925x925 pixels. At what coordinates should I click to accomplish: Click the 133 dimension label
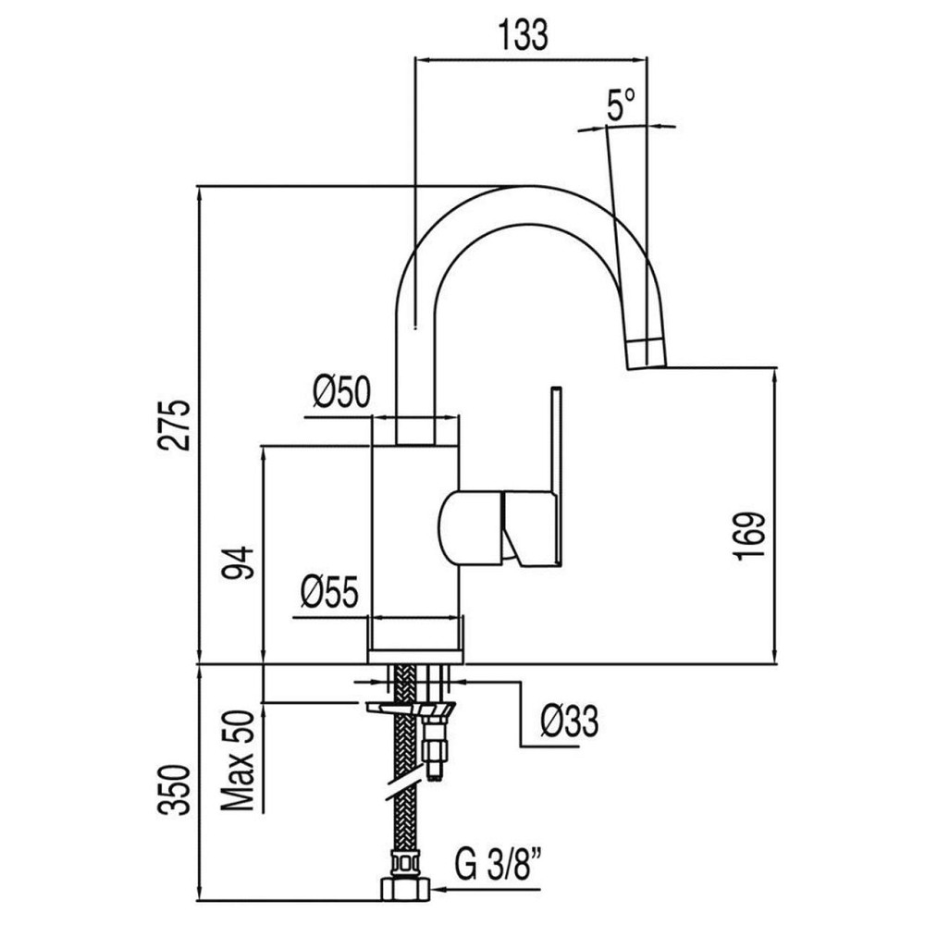pos(524,34)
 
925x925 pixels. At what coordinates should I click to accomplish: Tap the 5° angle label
pos(621,105)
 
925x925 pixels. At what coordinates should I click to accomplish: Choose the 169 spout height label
pos(752,535)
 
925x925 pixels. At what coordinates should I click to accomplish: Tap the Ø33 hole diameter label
pos(567,720)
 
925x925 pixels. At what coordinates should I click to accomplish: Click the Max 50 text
pos(239,760)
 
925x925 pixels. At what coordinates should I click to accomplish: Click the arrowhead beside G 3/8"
pos(439,892)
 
